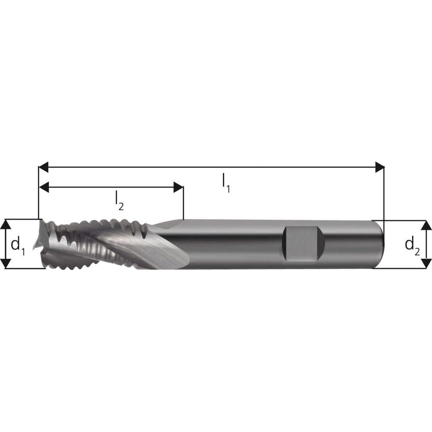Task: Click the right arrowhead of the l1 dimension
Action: (380, 167)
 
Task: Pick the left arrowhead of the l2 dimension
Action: (43, 187)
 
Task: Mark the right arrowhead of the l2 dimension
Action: (179, 187)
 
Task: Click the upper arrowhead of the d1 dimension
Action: (6, 224)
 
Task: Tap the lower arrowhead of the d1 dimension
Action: (6, 264)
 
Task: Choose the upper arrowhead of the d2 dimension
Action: (426, 225)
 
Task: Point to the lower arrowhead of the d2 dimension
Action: (426, 263)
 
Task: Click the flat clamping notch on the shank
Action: (302, 244)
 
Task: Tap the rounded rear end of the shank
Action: (379, 244)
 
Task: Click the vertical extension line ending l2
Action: (184, 203)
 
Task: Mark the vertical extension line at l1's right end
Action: (384, 194)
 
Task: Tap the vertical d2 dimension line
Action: (426, 244)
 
